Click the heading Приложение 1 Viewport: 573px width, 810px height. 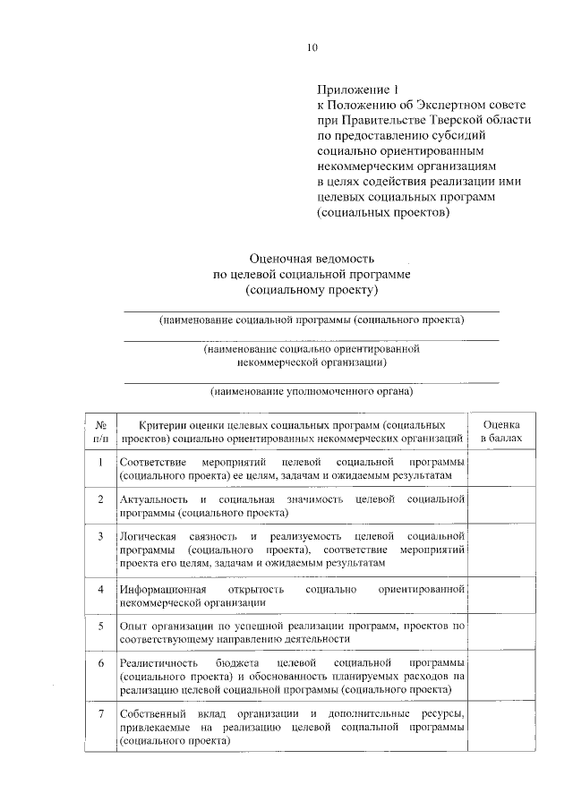(355, 89)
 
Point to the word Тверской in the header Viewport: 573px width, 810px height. (446, 120)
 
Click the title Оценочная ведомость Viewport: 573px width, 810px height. (311, 259)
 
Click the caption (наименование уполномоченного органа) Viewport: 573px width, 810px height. (311, 390)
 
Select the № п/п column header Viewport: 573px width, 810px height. (101, 431)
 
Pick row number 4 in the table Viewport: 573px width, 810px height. (101, 590)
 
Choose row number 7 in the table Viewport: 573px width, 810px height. (101, 713)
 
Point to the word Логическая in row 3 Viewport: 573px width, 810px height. (149, 535)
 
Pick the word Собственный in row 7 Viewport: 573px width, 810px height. (152, 713)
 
